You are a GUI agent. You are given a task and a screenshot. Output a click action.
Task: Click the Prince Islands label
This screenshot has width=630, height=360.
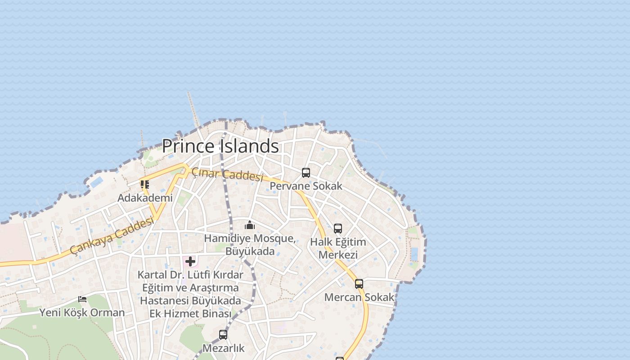[x=220, y=146]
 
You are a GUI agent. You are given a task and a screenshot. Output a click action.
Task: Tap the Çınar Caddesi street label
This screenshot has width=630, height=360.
[x=227, y=175]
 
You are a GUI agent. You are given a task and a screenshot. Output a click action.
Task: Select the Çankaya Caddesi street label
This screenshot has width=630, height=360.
[x=112, y=236]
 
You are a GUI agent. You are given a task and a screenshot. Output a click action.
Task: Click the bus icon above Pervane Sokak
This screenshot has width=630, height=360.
[x=306, y=173]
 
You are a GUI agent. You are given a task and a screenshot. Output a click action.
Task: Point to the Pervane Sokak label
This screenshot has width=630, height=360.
[x=306, y=186]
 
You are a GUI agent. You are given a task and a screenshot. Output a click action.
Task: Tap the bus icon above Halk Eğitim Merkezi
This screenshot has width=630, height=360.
[x=338, y=229]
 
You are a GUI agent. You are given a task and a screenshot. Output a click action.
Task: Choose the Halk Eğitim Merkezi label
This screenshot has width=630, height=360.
[x=338, y=248]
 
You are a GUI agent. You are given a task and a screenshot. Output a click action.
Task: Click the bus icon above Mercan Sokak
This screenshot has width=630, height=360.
[x=359, y=284]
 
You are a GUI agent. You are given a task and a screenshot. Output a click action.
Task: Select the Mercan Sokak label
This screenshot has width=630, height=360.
[x=359, y=297]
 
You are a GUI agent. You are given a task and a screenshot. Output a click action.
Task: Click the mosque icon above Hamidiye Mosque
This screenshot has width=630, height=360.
[x=250, y=225]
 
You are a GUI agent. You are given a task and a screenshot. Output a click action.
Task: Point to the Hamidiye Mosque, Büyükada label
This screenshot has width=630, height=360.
[x=250, y=245]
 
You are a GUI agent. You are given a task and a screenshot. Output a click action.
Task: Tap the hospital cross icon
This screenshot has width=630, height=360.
[x=190, y=261]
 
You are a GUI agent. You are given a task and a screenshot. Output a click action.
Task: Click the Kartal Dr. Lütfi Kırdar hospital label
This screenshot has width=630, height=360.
[x=190, y=294]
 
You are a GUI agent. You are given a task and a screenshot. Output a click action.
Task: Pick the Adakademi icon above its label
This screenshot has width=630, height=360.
[x=145, y=184]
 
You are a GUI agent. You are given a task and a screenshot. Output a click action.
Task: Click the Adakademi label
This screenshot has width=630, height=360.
[x=145, y=198]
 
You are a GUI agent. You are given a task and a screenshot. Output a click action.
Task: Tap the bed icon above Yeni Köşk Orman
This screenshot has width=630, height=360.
[x=82, y=299]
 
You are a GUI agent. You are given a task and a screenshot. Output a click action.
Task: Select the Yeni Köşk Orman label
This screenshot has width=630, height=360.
[x=82, y=313]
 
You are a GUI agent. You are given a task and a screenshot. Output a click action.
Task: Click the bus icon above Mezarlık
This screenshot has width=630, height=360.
[x=223, y=335]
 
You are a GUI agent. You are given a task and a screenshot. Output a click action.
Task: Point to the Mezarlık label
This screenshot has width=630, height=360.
[x=223, y=348]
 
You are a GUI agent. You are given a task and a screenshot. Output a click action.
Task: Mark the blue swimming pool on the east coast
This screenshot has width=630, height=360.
[x=414, y=254]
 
